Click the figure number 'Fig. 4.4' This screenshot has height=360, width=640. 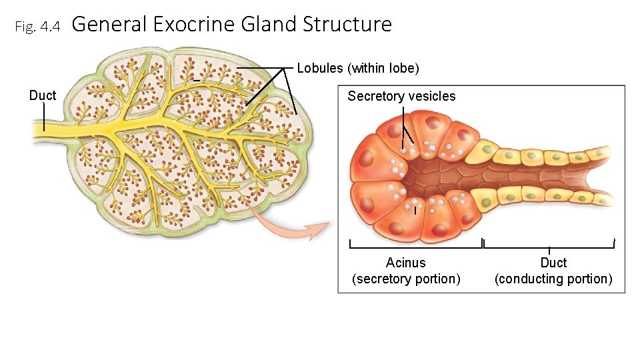click(x=37, y=27)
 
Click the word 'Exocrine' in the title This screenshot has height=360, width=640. click(x=193, y=25)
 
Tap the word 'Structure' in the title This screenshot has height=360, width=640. click(x=347, y=25)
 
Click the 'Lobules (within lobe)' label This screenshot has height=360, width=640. click(x=358, y=68)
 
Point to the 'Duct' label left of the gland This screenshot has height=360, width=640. click(x=43, y=95)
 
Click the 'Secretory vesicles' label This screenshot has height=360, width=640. click(x=401, y=96)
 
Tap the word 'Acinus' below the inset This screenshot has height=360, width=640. click(x=405, y=263)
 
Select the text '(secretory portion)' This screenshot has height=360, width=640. click(x=406, y=279)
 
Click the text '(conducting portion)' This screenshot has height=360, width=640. click(x=553, y=279)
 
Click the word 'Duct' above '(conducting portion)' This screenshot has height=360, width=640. click(x=553, y=263)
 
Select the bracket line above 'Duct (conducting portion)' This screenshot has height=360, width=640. click(x=549, y=247)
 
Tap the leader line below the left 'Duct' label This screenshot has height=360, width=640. click(x=44, y=117)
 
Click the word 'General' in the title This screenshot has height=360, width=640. click(x=109, y=25)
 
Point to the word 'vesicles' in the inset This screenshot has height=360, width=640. click(x=433, y=96)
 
